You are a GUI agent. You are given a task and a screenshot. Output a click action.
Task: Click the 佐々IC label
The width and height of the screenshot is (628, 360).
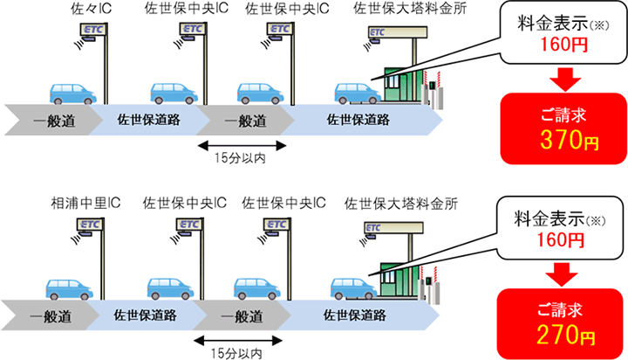tap(91, 9)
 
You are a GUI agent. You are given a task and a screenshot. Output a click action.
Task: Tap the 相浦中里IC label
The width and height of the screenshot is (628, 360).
tap(85, 204)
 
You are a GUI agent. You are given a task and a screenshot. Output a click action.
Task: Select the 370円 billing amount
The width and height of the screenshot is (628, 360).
tap(569, 140)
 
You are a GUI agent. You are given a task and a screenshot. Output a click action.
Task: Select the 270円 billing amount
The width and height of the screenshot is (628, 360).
tap(565, 336)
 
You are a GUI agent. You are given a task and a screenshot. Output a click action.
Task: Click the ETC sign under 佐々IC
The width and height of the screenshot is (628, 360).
tap(94, 30)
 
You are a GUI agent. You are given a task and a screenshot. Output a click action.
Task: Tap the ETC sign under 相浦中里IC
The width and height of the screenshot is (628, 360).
tap(90, 225)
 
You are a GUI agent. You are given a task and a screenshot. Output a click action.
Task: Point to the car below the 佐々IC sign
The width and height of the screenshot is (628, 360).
tap(72, 93)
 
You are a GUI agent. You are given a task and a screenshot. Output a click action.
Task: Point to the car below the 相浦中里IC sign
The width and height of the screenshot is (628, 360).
tap(69, 289)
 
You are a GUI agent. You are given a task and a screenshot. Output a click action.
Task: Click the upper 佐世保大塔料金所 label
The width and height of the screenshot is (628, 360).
tap(410, 9)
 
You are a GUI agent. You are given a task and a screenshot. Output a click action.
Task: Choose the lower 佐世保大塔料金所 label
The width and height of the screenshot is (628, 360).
tap(401, 204)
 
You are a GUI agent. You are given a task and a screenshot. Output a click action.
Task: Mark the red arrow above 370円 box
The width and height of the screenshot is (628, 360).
tap(565, 79)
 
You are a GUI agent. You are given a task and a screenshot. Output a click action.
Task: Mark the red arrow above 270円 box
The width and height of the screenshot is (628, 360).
tap(562, 274)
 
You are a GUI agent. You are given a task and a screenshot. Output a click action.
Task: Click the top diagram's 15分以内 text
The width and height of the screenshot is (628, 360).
tap(240, 158)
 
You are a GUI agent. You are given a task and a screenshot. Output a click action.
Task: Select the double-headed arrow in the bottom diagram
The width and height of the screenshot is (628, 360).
tap(238, 341)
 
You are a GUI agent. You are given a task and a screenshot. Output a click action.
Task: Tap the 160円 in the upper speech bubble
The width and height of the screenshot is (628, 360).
tap(564, 45)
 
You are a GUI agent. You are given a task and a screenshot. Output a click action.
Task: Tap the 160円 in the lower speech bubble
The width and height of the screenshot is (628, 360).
tap(560, 239)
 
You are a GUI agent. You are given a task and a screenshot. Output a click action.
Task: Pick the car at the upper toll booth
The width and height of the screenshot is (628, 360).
tap(358, 93)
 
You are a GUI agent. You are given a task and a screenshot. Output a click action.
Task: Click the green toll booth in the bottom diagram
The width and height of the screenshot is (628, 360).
tap(399, 281)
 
